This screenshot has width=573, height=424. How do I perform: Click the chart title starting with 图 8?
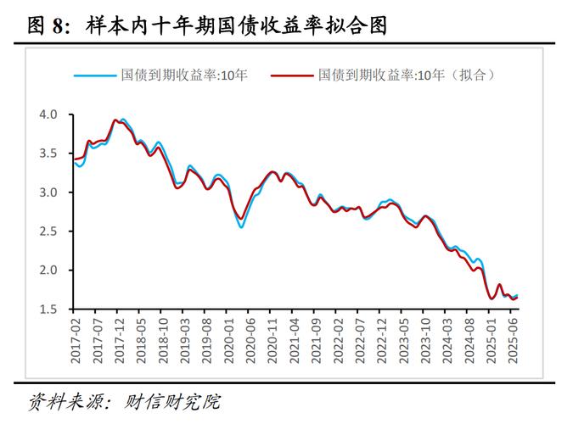[x=207, y=26]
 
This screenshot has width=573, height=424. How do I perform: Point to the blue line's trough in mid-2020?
[x=241, y=226]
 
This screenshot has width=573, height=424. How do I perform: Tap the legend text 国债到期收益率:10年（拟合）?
[x=407, y=75]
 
